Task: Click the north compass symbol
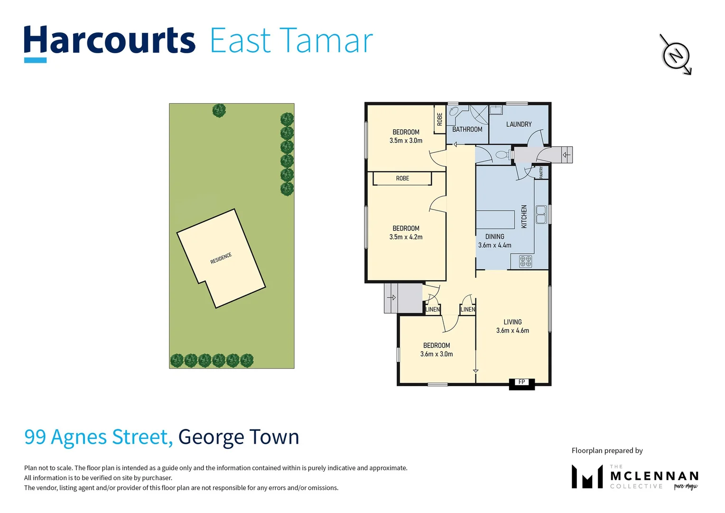click(676, 55)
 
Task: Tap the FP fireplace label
click(521, 382)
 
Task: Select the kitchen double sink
click(541, 214)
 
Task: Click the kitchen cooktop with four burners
click(525, 261)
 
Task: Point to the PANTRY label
click(541, 172)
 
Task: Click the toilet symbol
click(502, 154)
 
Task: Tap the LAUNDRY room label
click(519, 124)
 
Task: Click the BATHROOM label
click(467, 129)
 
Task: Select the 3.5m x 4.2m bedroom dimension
click(406, 237)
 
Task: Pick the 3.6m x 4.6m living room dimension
click(512, 331)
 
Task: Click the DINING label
click(494, 237)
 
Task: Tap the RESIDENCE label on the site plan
click(221, 258)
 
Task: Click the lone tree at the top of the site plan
click(219, 111)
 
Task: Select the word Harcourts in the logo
click(110, 41)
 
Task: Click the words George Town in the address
click(239, 437)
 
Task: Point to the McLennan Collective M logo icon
click(587, 477)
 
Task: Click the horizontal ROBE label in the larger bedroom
click(402, 179)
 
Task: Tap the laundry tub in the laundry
click(496, 110)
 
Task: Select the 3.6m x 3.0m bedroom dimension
click(437, 354)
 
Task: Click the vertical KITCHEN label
click(524, 217)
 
